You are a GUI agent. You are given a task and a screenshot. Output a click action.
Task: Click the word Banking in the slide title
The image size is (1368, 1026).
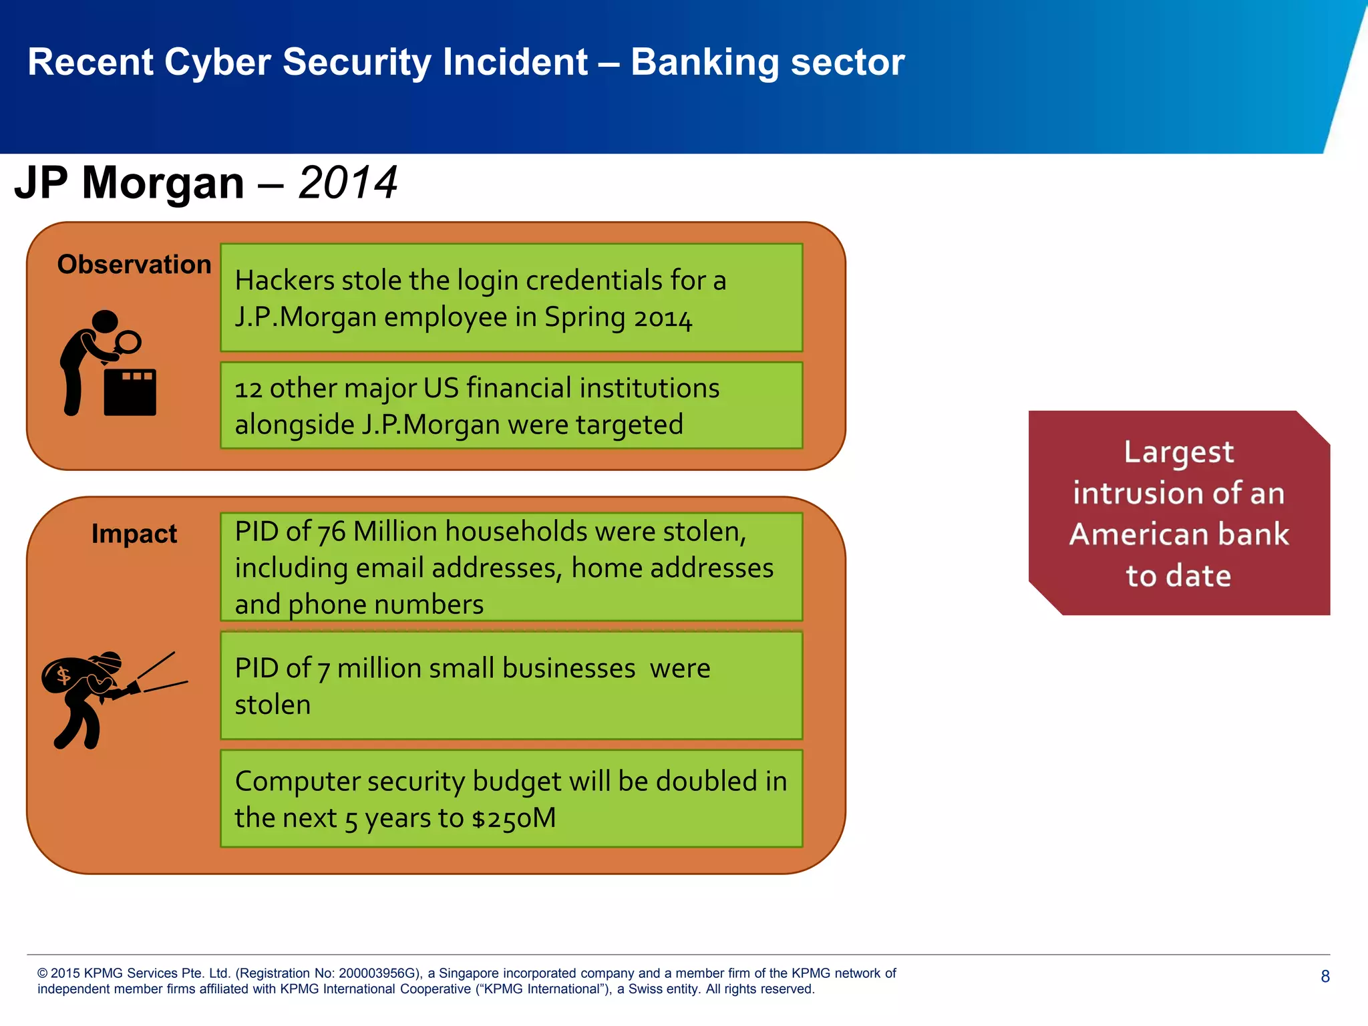point(705,63)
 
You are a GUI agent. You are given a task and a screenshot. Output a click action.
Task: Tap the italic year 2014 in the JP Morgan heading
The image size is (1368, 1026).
point(347,182)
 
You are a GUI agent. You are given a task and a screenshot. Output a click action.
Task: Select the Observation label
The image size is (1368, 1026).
point(134,265)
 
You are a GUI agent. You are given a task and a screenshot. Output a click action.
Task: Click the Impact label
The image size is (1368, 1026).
point(134,534)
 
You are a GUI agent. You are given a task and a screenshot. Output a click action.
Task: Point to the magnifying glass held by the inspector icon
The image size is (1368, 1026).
point(128,342)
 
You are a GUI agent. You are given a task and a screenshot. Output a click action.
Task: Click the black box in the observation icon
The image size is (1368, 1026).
point(130,392)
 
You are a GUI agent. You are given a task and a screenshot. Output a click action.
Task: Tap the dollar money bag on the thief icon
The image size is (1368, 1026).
point(65,676)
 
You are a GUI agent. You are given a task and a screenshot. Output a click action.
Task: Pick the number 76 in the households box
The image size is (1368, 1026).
point(331,532)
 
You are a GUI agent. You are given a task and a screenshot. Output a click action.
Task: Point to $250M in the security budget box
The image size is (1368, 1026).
point(514,818)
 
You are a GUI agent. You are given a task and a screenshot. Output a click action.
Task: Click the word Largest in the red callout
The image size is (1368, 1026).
point(1178,453)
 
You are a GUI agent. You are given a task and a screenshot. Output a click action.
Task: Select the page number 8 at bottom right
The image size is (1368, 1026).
point(1325,977)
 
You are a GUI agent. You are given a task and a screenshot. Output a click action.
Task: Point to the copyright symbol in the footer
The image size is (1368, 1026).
point(43,973)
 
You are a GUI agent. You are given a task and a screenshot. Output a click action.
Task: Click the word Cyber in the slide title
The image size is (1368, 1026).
point(216,63)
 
